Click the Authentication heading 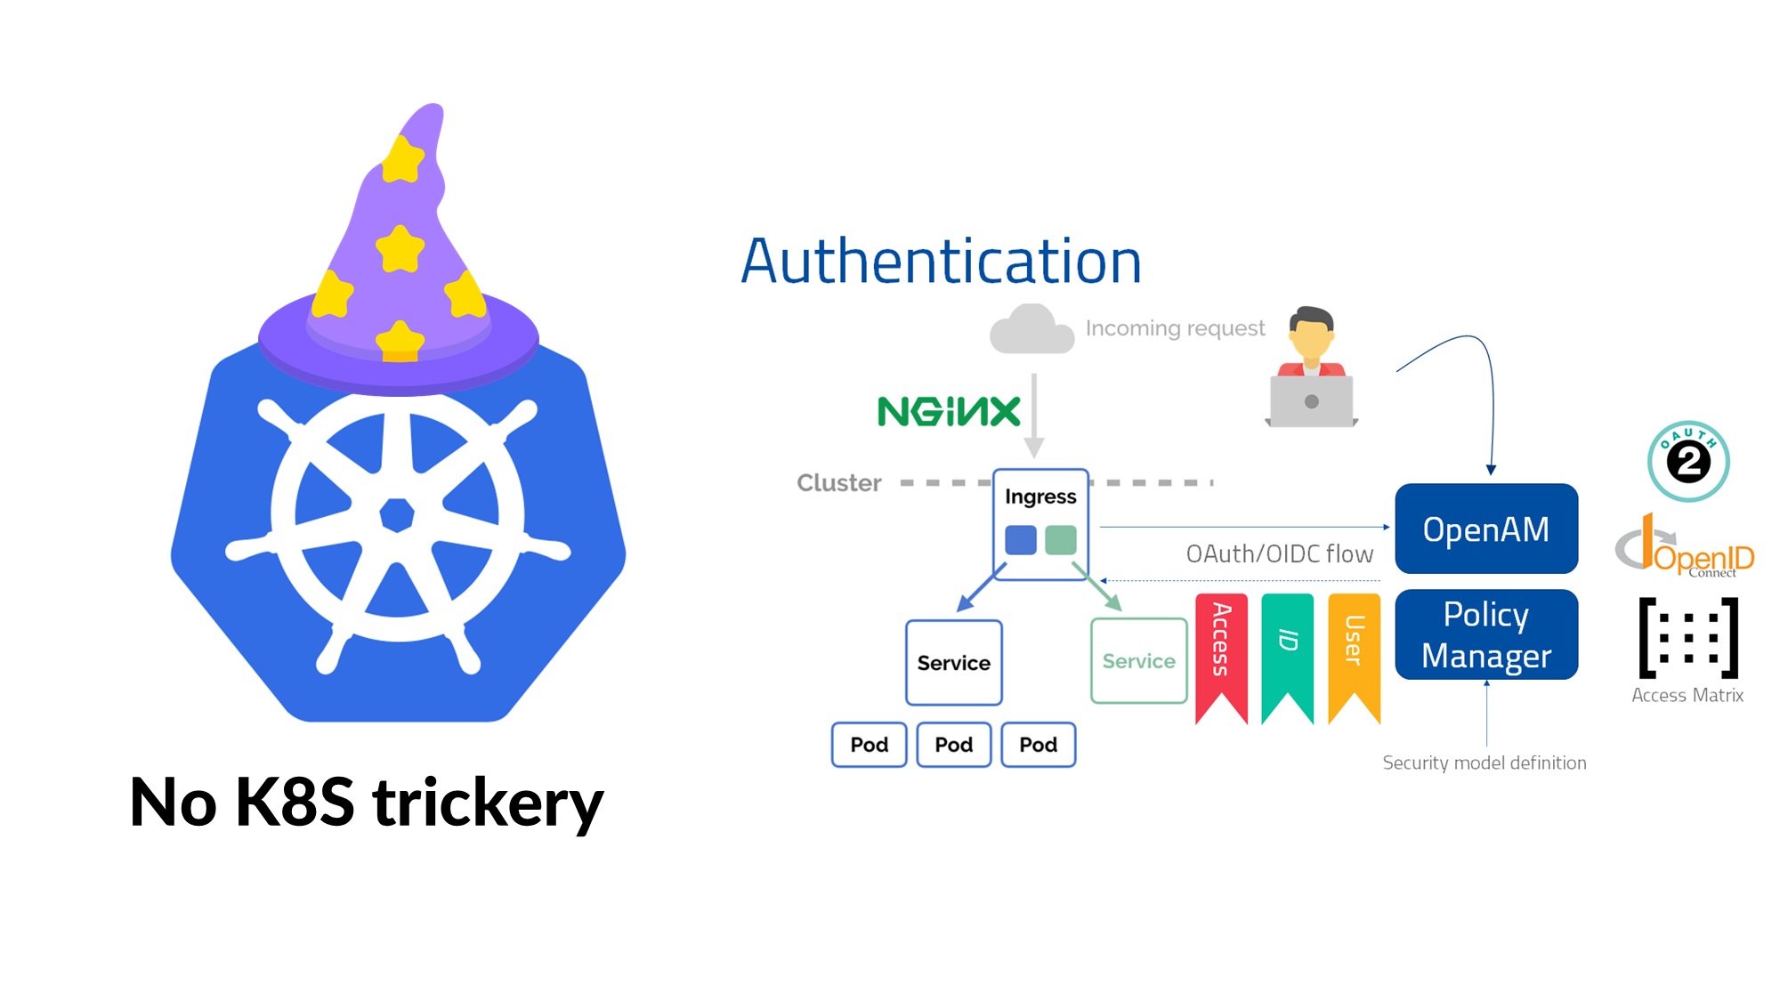(941, 262)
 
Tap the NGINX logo (949, 411)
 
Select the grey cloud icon (1032, 330)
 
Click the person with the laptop (1311, 370)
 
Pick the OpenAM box (1485, 529)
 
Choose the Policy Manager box (1485, 634)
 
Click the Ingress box (1040, 524)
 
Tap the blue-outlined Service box (953, 663)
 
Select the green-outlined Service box (1138, 661)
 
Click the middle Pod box (953, 745)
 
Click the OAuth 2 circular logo (1687, 461)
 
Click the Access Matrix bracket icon (1687, 638)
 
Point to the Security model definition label (1484, 763)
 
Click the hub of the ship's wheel (397, 514)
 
